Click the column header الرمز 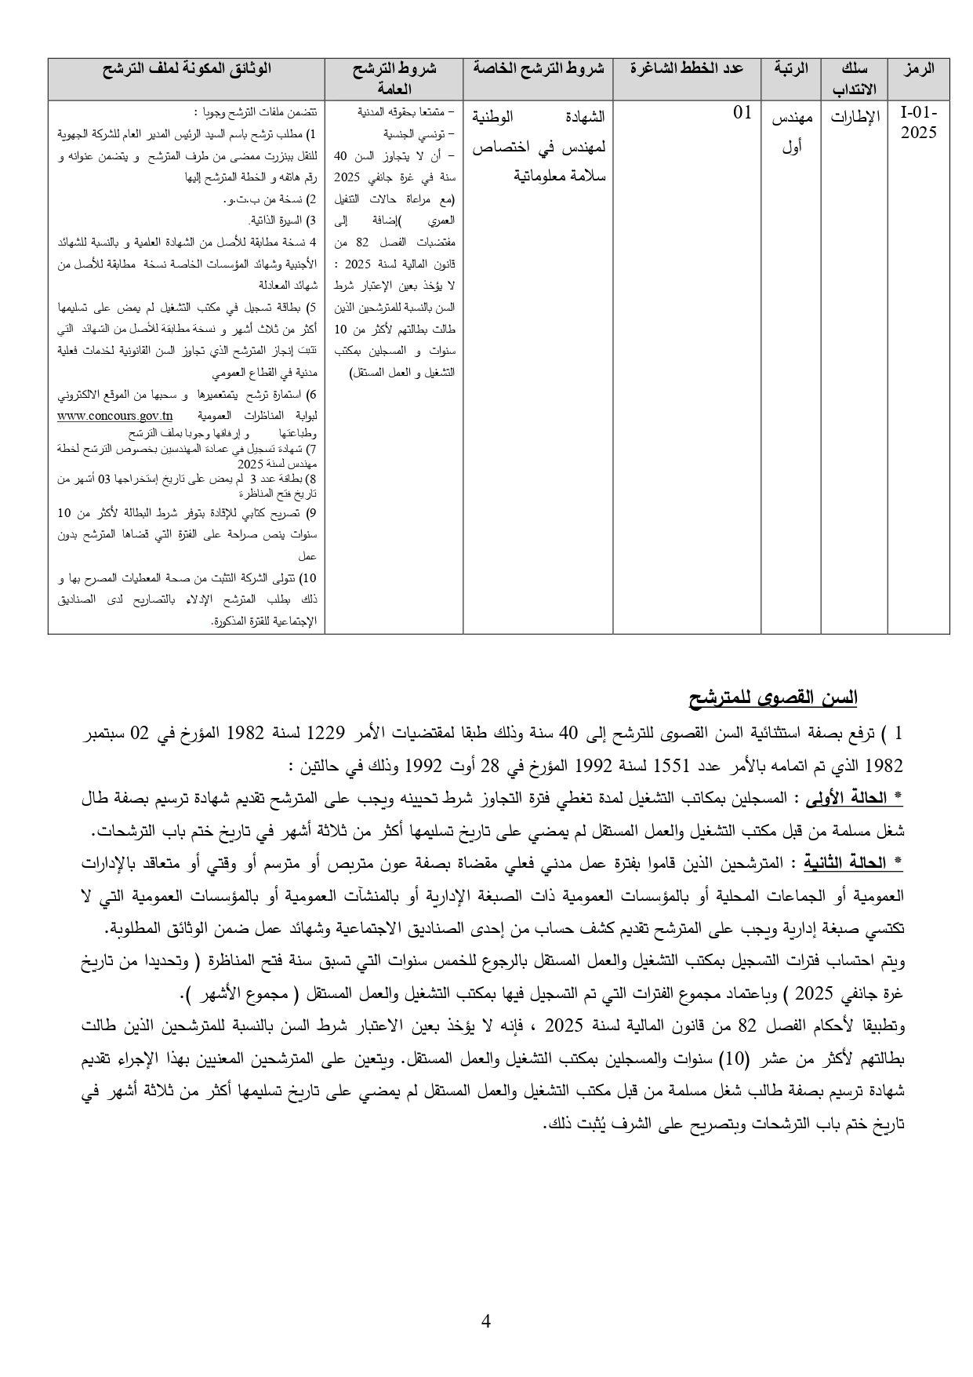[x=919, y=69]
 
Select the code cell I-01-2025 [x=918, y=122]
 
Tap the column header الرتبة [x=791, y=69]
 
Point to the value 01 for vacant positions [x=742, y=113]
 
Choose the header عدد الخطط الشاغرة [x=687, y=69]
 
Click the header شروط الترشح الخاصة [x=538, y=69]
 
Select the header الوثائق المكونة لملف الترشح [x=187, y=69]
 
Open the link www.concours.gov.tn [x=115, y=416]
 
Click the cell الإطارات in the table [x=855, y=118]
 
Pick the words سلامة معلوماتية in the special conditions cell [x=559, y=176]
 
